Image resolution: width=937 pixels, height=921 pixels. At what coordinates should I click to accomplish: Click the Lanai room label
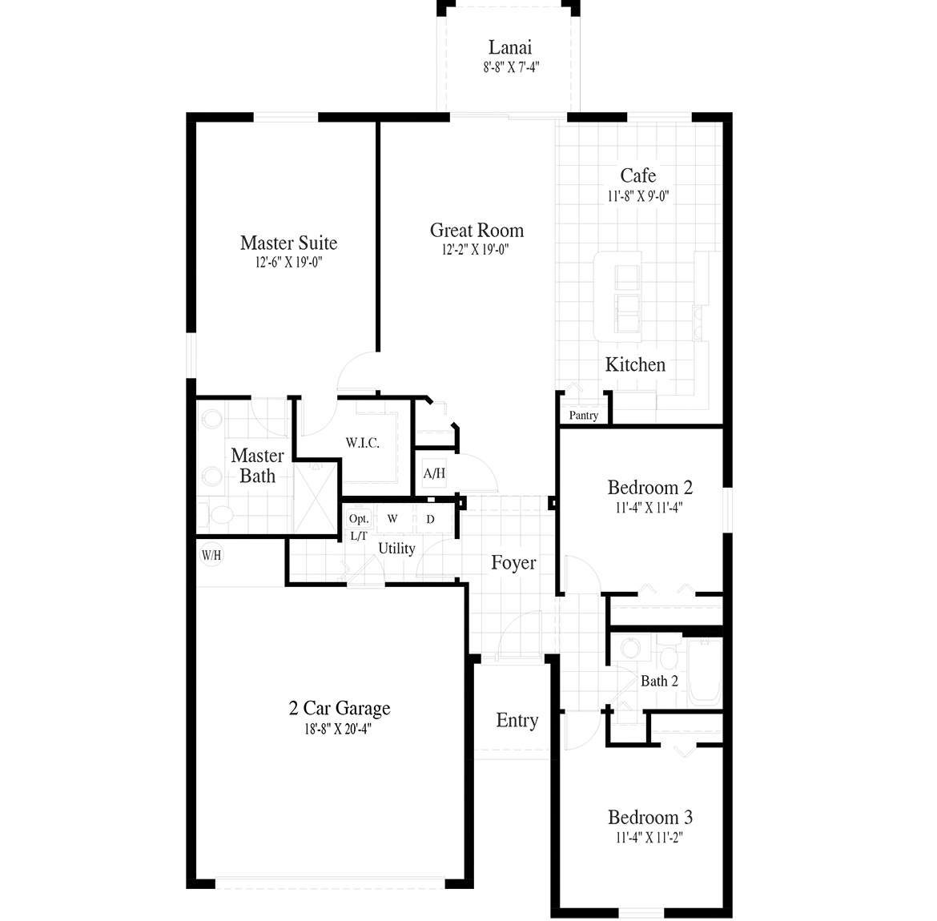point(510,48)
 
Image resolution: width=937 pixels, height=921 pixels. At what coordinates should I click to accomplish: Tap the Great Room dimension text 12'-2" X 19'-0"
point(476,250)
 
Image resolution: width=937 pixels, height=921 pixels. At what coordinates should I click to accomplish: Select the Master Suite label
point(288,243)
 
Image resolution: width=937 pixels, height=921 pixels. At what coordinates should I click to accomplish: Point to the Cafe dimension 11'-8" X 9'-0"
point(637,195)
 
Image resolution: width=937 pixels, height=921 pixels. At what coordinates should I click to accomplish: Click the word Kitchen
point(635,365)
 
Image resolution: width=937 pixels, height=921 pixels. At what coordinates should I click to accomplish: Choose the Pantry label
point(583,416)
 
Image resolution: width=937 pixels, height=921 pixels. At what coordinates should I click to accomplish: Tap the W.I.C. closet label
point(362,443)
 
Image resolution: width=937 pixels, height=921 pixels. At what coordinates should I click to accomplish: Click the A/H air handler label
point(434,473)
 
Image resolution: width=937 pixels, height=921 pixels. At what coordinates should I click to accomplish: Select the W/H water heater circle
point(211,554)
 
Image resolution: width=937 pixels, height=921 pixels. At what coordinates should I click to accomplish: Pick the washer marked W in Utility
point(392,519)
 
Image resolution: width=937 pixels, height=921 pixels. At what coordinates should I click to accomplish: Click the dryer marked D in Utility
point(430,520)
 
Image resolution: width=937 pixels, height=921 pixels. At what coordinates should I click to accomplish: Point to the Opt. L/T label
point(359,527)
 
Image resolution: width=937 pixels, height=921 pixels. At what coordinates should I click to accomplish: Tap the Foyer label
point(513,563)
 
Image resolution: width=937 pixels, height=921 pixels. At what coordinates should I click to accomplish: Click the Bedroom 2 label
point(649,488)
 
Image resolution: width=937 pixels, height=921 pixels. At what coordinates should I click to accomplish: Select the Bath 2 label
point(659,682)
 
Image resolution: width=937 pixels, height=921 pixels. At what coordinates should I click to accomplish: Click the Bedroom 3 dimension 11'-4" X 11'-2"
point(649,839)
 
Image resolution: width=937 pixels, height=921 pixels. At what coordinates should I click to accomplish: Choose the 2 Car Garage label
point(340,708)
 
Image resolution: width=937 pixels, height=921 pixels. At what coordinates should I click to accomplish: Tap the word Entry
point(517,721)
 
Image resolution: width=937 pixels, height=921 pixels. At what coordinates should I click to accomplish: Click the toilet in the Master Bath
point(216,513)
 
